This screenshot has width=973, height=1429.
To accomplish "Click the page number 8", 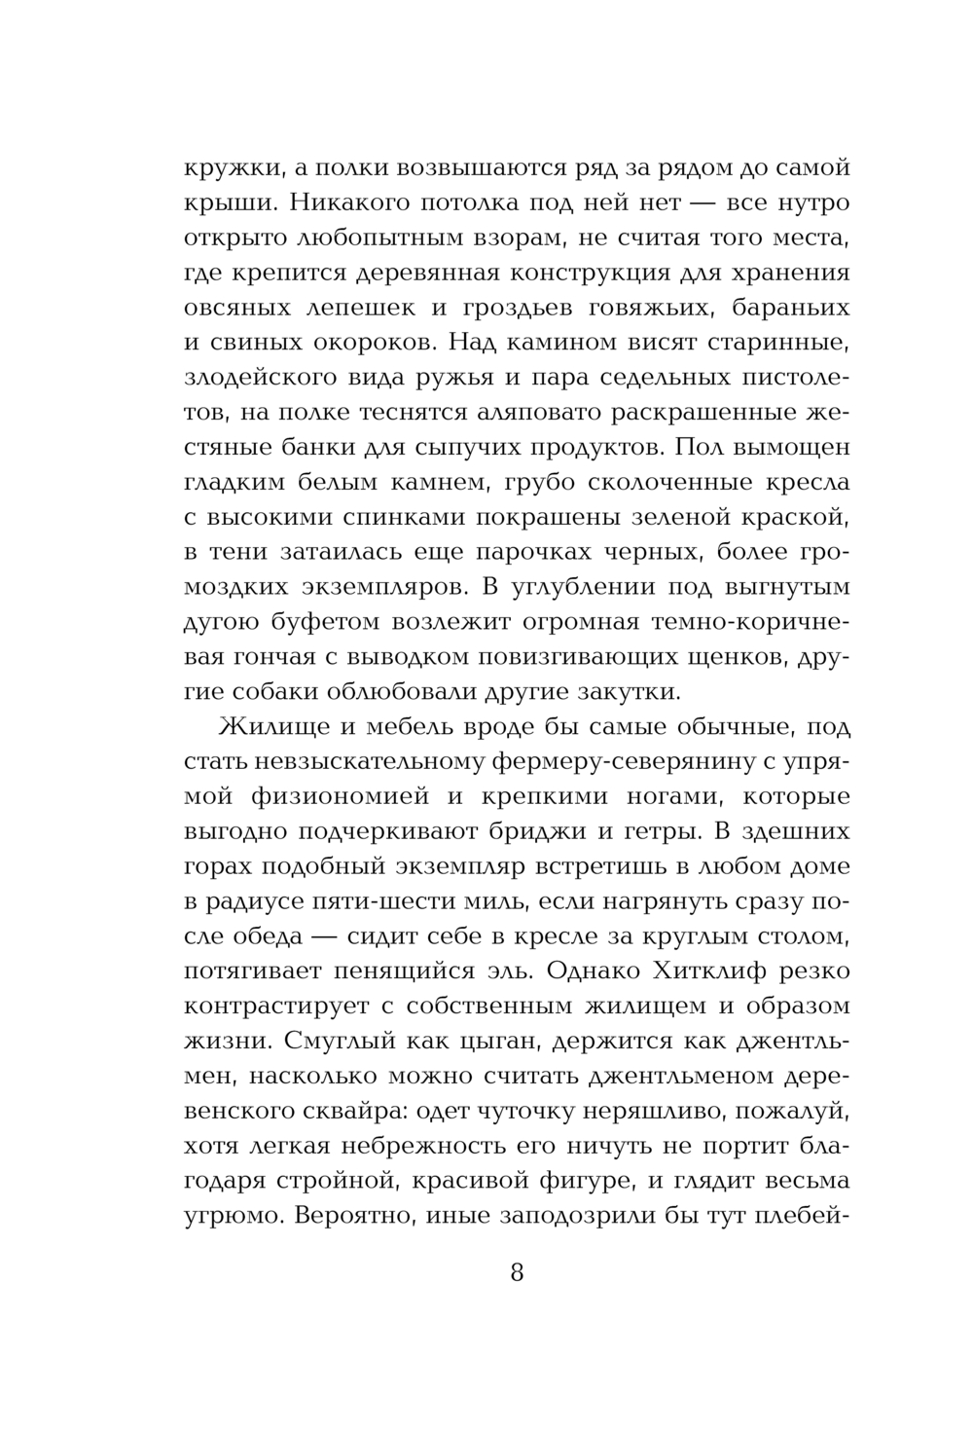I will (517, 1271).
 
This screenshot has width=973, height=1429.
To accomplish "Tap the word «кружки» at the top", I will (232, 167).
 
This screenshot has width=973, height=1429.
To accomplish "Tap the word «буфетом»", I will (322, 622).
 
